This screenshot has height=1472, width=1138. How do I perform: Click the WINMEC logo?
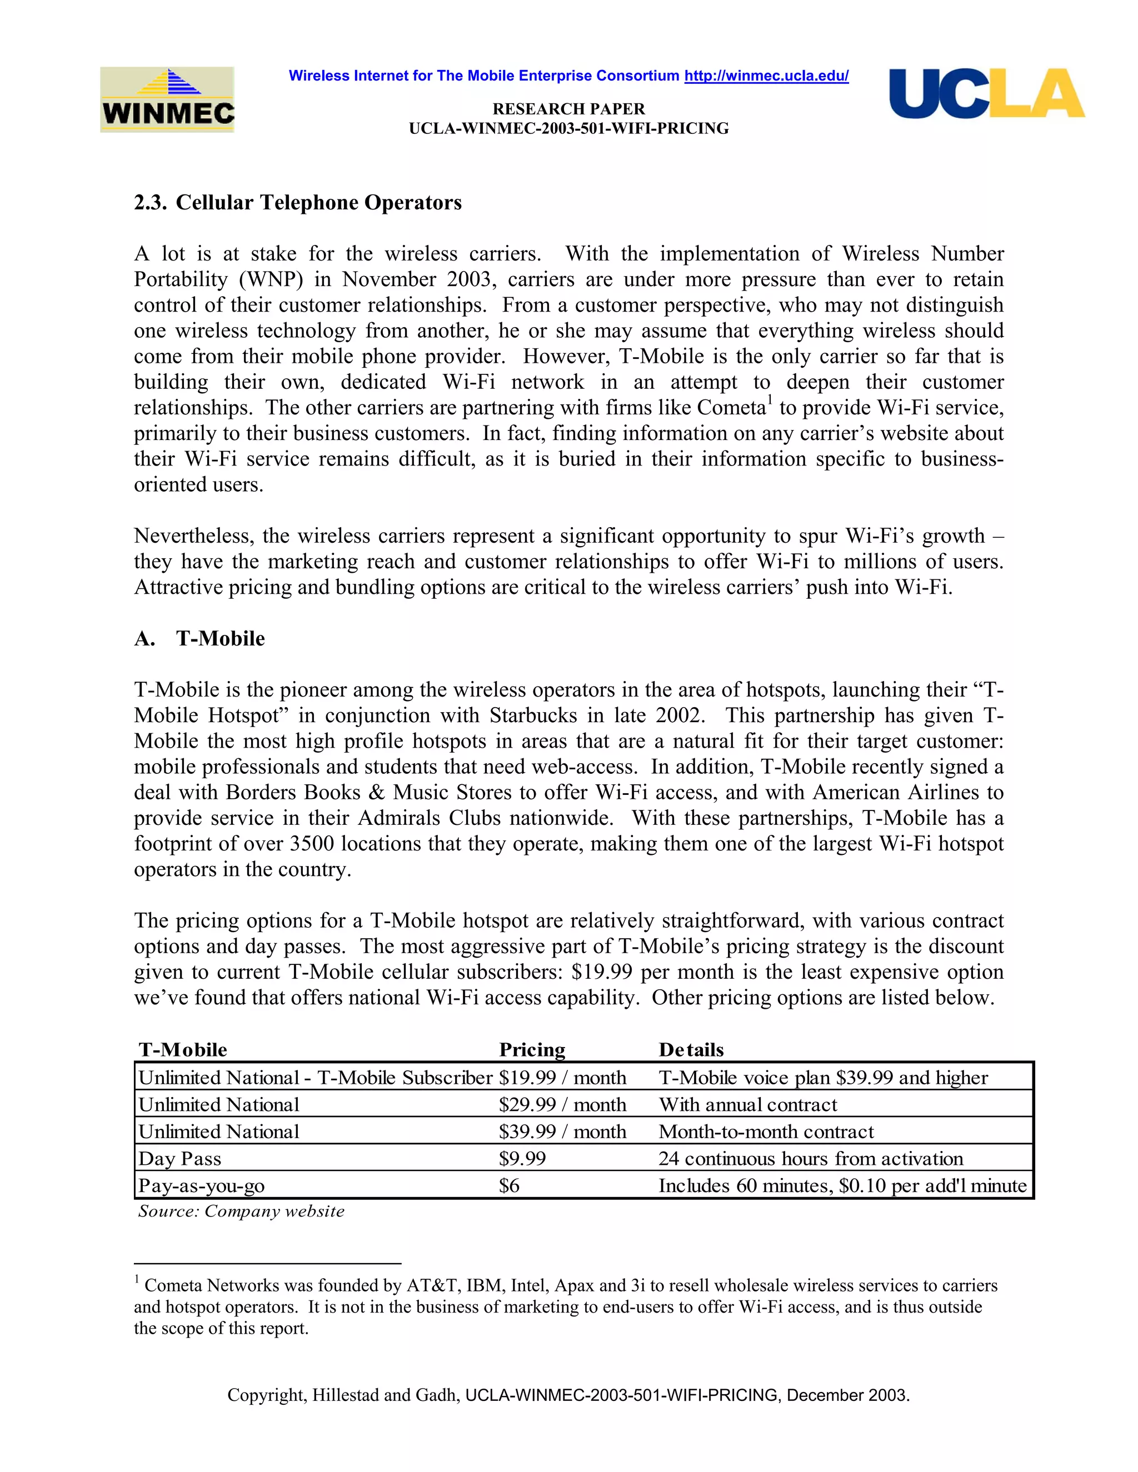(167, 100)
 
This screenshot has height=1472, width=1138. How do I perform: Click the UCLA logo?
(986, 94)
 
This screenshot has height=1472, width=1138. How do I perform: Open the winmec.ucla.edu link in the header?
(766, 76)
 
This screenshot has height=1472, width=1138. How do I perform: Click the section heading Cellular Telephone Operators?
(318, 203)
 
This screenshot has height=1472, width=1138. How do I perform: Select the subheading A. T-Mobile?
(199, 638)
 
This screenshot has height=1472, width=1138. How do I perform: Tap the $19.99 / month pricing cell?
(562, 1078)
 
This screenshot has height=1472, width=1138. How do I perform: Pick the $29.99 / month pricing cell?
(562, 1105)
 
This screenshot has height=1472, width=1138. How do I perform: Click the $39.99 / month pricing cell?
(562, 1131)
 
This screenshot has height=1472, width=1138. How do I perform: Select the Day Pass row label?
(180, 1159)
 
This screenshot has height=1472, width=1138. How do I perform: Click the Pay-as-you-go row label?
(202, 1185)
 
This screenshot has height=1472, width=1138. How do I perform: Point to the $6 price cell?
(509, 1185)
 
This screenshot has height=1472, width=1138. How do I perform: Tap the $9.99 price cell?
(522, 1159)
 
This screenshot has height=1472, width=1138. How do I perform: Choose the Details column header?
(691, 1049)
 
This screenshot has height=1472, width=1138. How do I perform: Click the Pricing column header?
(532, 1049)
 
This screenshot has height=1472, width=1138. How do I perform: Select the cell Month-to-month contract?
(766, 1131)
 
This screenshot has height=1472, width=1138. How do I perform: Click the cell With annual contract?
(748, 1105)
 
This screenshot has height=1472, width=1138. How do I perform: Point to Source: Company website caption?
(241, 1211)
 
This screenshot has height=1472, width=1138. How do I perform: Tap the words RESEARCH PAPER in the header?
(568, 109)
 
